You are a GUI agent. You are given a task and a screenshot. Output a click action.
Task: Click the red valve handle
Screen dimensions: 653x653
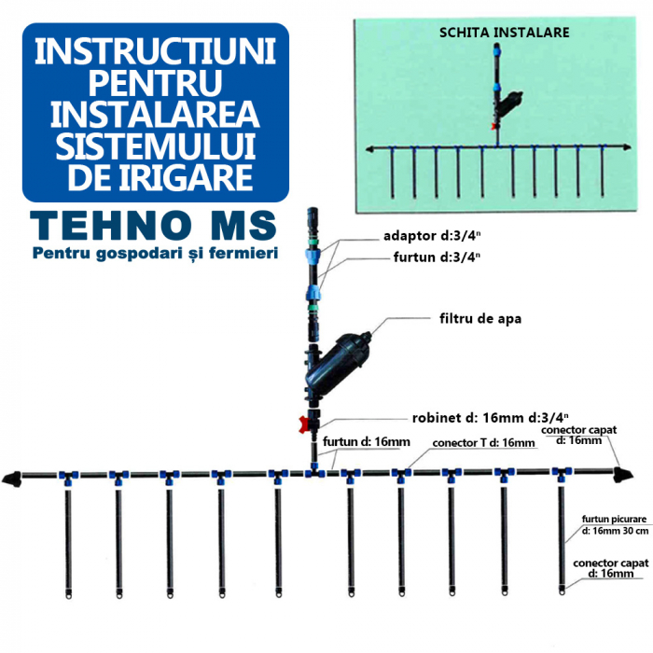pos(304,424)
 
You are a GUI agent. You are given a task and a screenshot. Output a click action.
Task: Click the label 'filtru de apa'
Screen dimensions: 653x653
pos(480,319)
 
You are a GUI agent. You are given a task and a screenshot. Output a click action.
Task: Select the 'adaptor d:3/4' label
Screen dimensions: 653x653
pos(432,236)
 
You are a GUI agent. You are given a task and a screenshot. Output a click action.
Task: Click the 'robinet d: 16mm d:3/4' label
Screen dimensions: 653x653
pos(491,417)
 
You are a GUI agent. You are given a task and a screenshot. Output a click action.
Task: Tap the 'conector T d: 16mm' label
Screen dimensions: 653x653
pos(483,443)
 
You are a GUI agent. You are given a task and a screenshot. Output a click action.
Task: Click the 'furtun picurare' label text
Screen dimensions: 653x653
pos(614,519)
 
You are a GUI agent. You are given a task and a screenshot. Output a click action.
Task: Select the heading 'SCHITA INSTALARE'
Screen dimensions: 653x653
pos(505,33)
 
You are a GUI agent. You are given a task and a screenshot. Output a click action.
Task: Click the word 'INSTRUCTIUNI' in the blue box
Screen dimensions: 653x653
pos(156,51)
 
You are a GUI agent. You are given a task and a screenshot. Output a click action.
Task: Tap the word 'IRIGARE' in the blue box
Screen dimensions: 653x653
pos(187,177)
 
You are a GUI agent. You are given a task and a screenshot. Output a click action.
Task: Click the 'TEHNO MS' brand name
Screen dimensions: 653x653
pos(153,226)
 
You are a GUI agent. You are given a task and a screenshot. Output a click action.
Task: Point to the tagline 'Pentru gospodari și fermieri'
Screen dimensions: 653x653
pos(156,253)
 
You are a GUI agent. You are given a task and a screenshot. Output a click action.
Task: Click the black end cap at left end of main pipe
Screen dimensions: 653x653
pos(11,479)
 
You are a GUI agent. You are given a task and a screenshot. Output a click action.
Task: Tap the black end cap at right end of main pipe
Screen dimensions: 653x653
pos(623,475)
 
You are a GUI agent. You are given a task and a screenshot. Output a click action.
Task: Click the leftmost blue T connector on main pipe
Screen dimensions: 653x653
pos(68,477)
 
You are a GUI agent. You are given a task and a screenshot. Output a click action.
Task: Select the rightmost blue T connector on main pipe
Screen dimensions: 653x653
pos(562,474)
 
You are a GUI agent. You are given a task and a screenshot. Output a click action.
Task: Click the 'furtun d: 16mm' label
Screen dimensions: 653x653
pos(367,441)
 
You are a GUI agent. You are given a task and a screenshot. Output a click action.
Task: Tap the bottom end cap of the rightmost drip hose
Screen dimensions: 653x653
pos(562,589)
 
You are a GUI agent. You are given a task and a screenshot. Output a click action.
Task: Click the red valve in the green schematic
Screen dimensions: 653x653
pos(494,126)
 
